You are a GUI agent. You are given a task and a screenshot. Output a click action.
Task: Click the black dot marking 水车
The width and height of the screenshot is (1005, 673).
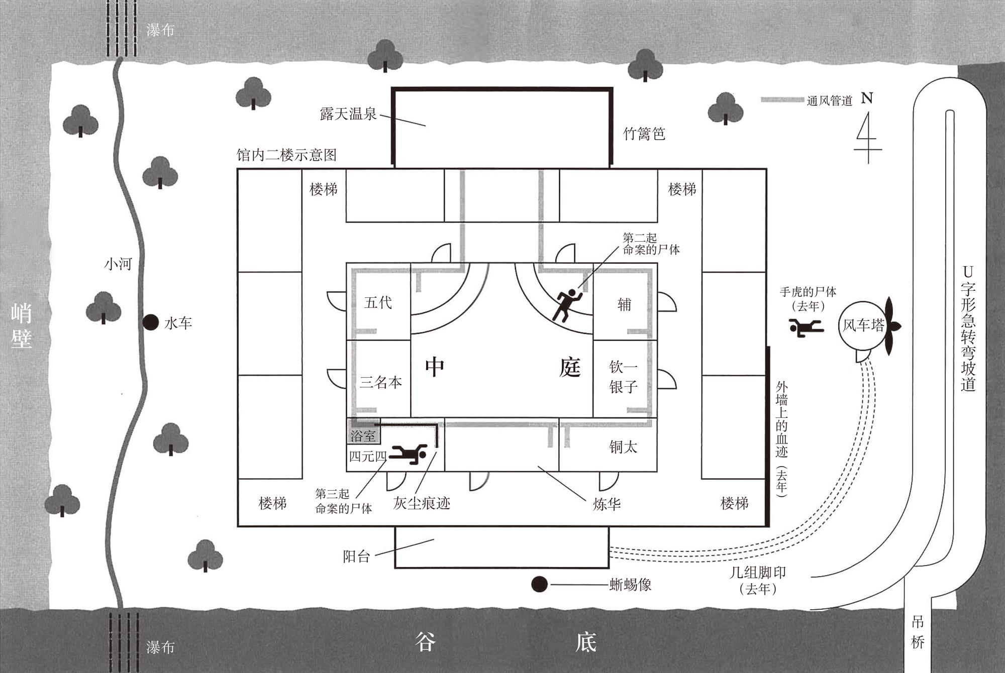[150, 322]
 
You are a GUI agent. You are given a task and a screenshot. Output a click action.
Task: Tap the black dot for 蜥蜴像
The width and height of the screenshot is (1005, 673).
[539, 584]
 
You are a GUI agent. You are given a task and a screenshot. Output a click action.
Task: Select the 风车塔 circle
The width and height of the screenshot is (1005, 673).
[863, 325]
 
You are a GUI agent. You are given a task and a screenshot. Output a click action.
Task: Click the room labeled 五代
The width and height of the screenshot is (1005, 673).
[378, 301]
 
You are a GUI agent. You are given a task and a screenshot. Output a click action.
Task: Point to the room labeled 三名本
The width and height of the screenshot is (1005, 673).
[378, 379]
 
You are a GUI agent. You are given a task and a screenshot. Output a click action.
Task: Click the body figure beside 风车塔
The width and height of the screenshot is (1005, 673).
[806, 327]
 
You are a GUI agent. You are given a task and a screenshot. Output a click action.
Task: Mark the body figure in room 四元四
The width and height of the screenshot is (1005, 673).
[408, 454]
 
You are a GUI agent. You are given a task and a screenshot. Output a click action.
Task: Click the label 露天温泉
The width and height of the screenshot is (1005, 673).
[348, 114]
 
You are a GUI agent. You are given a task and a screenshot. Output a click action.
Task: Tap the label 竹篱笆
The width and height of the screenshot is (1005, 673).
[644, 134]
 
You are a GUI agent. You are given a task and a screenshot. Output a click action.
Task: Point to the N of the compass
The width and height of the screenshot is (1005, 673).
[867, 98]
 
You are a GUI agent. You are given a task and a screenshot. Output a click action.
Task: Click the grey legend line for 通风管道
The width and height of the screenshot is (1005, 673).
[782, 100]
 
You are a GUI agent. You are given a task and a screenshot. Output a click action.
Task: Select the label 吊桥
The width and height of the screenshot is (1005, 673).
[918, 632]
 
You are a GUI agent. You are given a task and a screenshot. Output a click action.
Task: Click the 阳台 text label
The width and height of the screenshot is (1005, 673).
[356, 556]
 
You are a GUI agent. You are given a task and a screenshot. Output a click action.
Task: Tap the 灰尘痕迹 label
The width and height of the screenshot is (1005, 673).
[422, 503]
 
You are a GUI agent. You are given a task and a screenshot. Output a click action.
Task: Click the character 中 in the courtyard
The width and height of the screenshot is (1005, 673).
[435, 367]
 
